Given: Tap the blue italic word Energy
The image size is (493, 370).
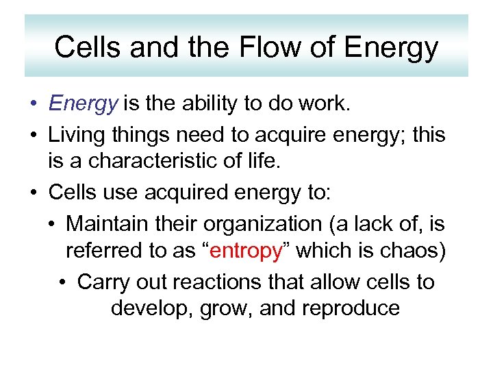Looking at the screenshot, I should point(84,103).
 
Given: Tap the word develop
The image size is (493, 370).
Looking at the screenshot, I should point(151,308).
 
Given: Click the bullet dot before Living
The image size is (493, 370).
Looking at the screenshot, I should point(34,134).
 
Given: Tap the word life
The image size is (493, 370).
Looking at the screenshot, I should point(262,162).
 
